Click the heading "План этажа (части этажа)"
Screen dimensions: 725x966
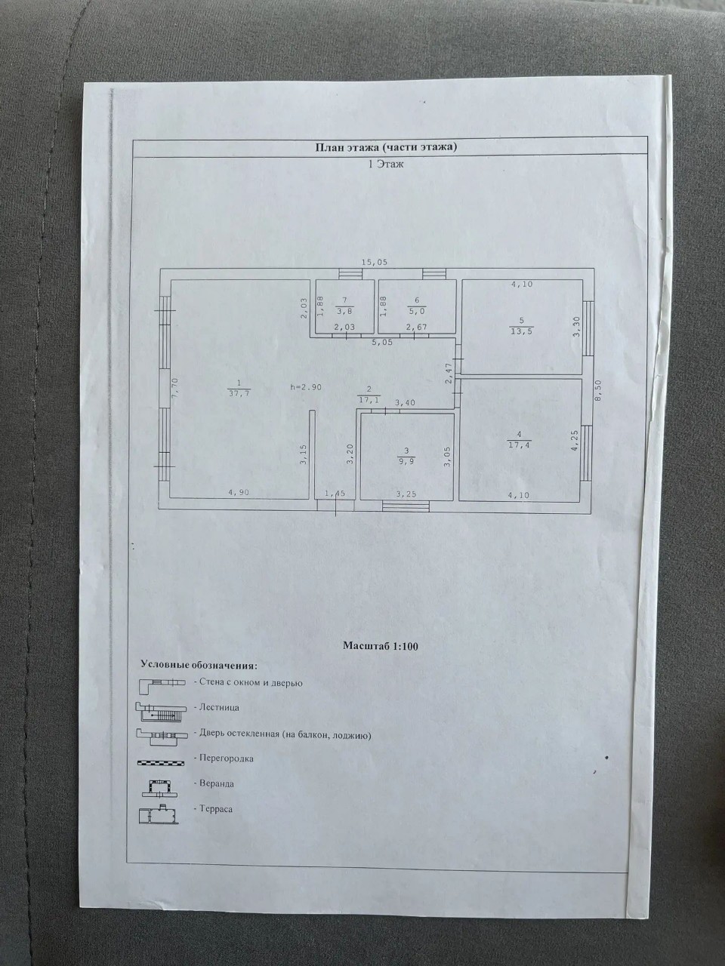(x=386, y=147)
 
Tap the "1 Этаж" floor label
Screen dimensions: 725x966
(x=385, y=165)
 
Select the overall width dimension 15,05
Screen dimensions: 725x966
(x=374, y=263)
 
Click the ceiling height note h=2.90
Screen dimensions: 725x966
(x=306, y=387)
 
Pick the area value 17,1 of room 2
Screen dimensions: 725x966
(x=369, y=401)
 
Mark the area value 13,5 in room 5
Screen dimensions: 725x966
(x=521, y=332)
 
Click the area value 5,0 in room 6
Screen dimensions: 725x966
(x=417, y=311)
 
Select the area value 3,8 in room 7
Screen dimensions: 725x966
(x=344, y=311)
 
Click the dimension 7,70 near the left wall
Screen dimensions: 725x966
(x=174, y=387)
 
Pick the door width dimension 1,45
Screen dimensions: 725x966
(x=335, y=494)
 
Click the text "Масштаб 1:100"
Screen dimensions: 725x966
(x=381, y=646)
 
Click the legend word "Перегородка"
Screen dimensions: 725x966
(x=227, y=758)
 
